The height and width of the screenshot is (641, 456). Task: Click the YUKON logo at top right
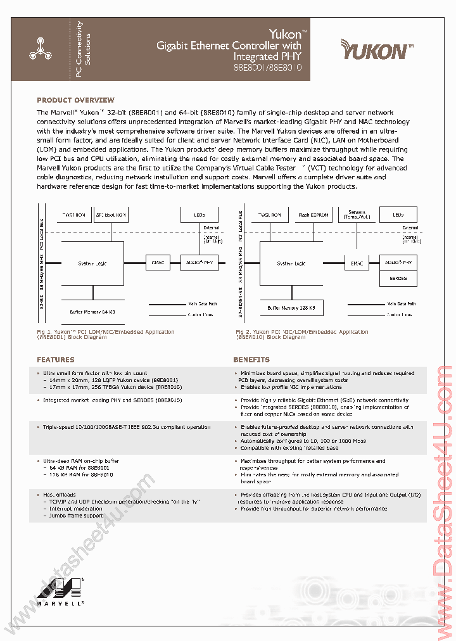(377, 49)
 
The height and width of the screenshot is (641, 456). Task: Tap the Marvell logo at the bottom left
(61, 592)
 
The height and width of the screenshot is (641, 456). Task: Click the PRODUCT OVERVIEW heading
(75, 100)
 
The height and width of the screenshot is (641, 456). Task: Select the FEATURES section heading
(55, 360)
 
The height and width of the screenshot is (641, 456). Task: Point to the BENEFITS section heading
(251, 360)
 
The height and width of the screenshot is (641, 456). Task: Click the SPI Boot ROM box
(111, 215)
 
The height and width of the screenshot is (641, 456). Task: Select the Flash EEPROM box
(313, 215)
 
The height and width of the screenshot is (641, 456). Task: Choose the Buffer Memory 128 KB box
(291, 307)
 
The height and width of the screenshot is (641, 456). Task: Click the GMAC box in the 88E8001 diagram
(156, 262)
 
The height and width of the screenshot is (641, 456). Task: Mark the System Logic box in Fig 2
(291, 263)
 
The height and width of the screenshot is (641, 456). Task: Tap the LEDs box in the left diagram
(199, 215)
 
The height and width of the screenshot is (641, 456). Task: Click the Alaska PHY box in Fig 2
(398, 262)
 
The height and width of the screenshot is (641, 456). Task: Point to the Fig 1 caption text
(105, 334)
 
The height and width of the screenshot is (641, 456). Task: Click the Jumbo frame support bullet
(76, 516)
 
